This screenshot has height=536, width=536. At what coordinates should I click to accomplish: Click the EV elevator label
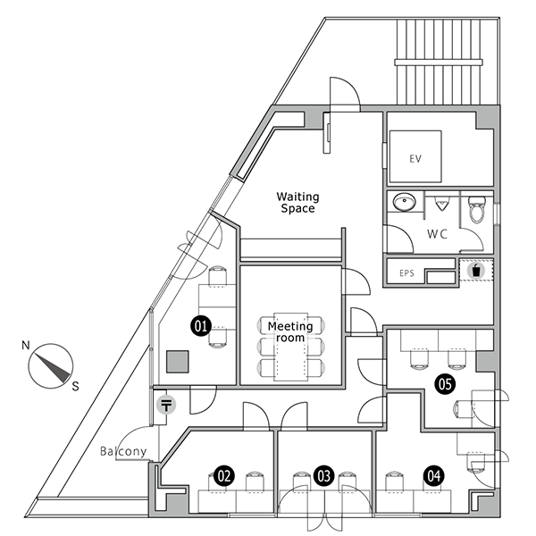pos(415,159)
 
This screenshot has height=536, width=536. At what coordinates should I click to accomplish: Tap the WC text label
pos(437,234)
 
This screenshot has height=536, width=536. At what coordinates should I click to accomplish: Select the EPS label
pos(406,273)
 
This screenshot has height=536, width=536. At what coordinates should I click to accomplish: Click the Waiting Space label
pos(297,203)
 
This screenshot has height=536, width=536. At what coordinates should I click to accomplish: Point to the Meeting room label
pos(290,331)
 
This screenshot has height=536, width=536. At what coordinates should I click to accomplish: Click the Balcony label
pos(123,451)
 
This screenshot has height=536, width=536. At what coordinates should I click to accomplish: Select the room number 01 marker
pos(201,326)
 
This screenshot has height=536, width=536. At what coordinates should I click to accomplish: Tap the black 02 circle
pos(224,476)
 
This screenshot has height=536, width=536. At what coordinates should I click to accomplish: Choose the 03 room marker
pos(323,476)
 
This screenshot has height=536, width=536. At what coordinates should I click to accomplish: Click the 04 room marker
pos(434,476)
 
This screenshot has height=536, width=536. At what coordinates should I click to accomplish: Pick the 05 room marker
pos(445,384)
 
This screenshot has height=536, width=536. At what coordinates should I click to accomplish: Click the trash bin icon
pos(476,271)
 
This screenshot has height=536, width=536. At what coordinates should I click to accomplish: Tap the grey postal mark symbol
pos(166,405)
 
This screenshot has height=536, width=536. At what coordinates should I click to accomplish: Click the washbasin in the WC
pos(405,201)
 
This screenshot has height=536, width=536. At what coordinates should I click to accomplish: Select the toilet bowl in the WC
pos(476,210)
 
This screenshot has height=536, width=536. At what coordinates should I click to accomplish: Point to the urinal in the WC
pos(441,205)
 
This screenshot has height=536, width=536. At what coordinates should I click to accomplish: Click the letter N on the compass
pos(26,345)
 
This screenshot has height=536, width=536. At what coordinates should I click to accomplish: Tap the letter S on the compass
pos(75,386)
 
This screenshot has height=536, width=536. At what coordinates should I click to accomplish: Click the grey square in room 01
pos(178,361)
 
